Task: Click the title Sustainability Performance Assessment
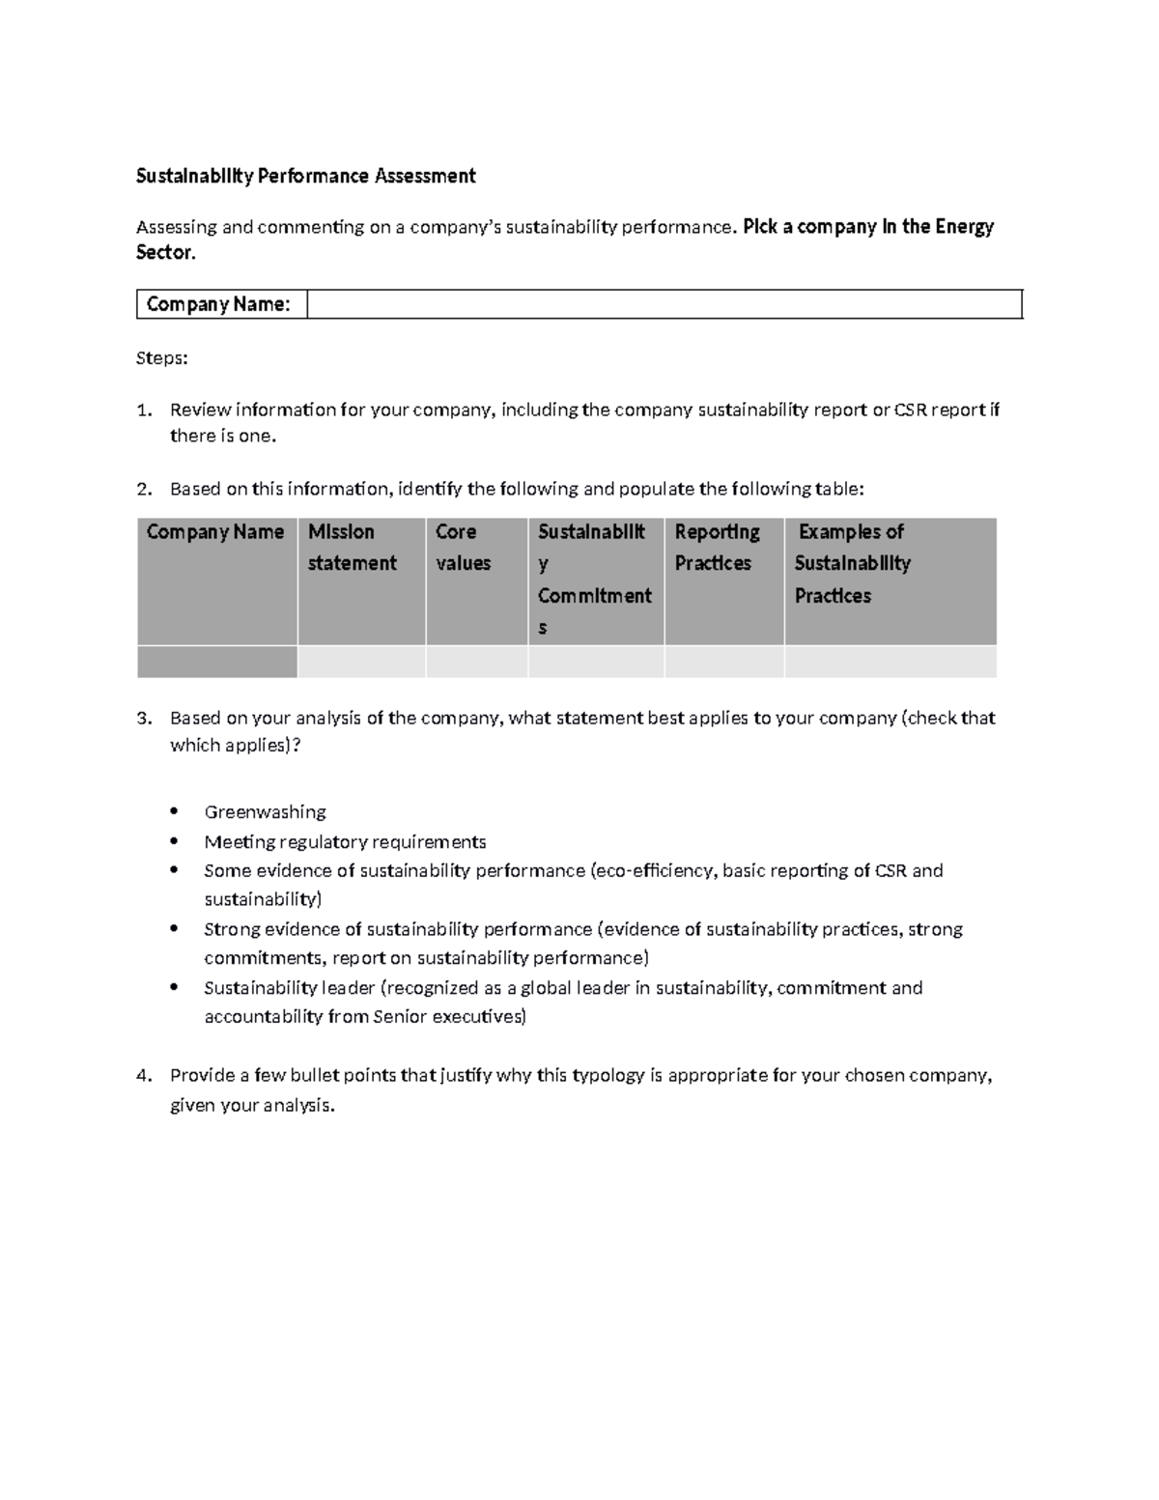coord(305,176)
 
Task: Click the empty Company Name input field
coord(664,304)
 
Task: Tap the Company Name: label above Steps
coord(218,304)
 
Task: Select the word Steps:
coord(161,358)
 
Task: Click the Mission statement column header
coord(352,548)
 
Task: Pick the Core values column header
coord(463,548)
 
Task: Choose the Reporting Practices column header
coord(717,548)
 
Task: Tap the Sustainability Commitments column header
coord(594,580)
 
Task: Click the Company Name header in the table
coord(215,532)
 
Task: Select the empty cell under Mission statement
coord(361,663)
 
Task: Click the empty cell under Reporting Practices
coord(723,663)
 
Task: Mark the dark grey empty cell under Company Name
coord(216,663)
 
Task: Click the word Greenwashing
coord(265,812)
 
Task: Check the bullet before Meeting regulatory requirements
coord(174,840)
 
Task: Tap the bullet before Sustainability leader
coord(174,987)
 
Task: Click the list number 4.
coord(143,1076)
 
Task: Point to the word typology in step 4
coord(608,1076)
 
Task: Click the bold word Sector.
coord(165,253)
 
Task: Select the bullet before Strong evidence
coord(174,929)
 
